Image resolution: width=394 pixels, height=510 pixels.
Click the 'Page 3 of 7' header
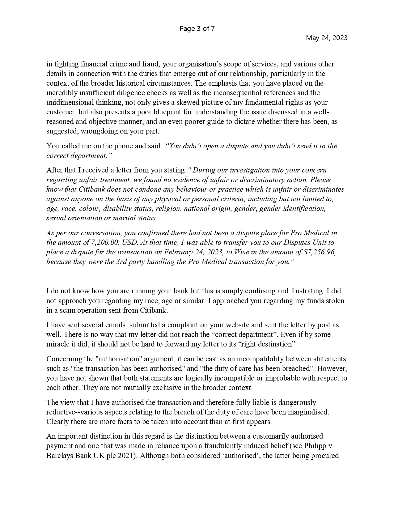tap(197, 29)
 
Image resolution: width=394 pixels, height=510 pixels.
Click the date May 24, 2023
tap(326, 38)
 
